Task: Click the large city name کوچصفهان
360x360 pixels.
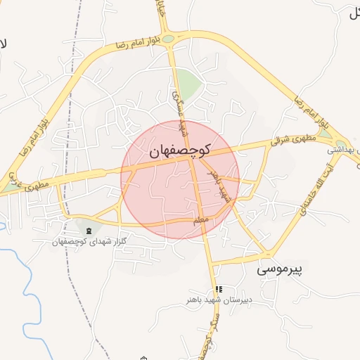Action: click(x=181, y=150)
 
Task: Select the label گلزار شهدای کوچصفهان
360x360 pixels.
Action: click(x=89, y=241)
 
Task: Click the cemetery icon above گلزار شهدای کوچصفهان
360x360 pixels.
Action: click(x=88, y=231)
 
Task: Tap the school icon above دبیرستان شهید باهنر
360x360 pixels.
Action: click(x=219, y=289)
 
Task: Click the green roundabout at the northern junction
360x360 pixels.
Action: click(x=168, y=39)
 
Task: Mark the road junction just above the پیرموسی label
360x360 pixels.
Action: click(x=268, y=254)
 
